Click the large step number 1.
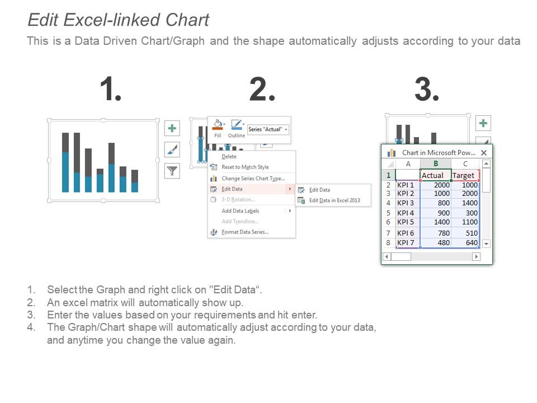[110, 90]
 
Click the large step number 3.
[427, 90]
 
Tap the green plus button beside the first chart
[172, 129]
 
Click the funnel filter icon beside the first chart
[172, 171]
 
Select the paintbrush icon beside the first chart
[172, 149]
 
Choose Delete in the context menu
[229, 157]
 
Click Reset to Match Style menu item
[244, 167]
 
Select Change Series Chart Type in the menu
[253, 179]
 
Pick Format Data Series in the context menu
[244, 232]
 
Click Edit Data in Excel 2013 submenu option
[334, 200]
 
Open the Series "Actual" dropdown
[268, 129]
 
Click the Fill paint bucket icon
[218, 125]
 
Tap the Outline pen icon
[236, 125]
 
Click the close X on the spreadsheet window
[484, 152]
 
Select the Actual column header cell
[435, 175]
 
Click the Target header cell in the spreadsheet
[464, 175]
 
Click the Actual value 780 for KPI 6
[436, 233]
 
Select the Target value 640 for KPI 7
[465, 243]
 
